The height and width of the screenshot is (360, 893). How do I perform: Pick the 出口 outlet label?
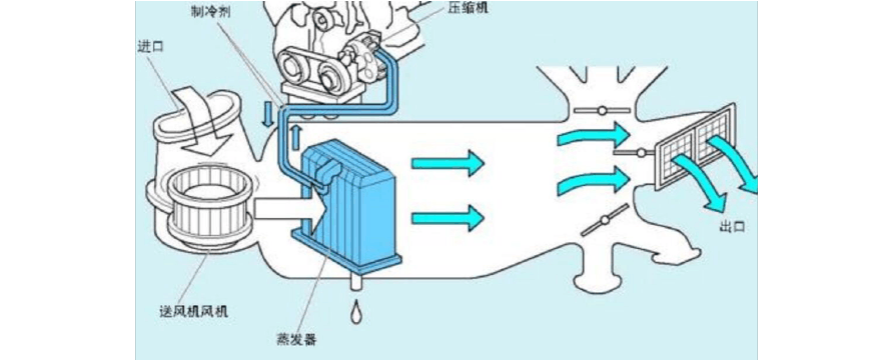coord(733,226)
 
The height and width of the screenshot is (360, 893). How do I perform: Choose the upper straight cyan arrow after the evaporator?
coord(448,160)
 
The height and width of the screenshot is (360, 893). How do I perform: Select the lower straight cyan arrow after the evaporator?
coord(448,217)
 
